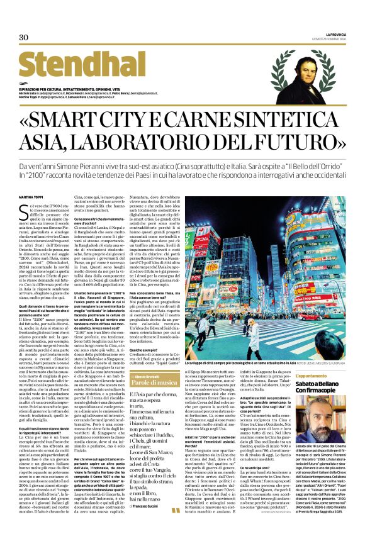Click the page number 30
(x=24, y=38)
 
